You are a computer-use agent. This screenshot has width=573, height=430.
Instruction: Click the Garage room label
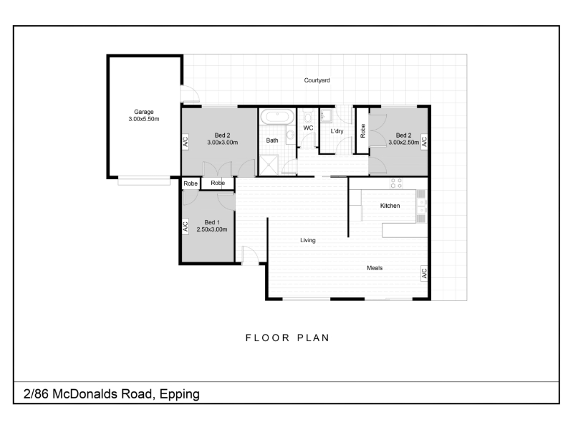(144, 112)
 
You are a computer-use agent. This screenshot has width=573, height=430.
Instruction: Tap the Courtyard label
(317, 80)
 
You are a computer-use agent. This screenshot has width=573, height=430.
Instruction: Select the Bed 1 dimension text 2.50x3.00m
(212, 229)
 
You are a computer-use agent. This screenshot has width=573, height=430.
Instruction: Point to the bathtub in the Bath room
(277, 117)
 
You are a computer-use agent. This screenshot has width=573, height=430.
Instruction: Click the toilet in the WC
(307, 116)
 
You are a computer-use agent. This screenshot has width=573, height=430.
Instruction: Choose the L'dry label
(337, 131)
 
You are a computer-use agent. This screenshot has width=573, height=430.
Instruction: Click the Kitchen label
(390, 206)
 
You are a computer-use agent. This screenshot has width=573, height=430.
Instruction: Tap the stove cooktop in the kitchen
(397, 183)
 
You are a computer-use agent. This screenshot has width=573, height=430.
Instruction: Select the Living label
(308, 240)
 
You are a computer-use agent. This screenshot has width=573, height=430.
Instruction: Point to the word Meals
(375, 268)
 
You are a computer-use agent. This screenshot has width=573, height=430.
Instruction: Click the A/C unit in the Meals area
(424, 273)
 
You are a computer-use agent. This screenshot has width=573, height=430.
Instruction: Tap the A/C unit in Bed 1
(186, 226)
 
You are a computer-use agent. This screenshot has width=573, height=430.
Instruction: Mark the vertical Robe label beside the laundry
(362, 130)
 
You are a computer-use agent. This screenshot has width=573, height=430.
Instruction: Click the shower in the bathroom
(269, 166)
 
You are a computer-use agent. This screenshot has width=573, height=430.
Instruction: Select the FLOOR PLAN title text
(288, 338)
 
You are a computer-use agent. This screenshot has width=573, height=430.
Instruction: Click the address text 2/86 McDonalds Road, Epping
(112, 394)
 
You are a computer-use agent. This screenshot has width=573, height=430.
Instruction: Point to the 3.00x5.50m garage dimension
(144, 119)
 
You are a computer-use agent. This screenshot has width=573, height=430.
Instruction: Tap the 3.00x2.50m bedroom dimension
(403, 143)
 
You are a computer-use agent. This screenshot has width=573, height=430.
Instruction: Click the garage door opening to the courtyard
(190, 94)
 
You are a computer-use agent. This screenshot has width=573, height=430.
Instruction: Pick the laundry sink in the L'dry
(326, 116)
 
